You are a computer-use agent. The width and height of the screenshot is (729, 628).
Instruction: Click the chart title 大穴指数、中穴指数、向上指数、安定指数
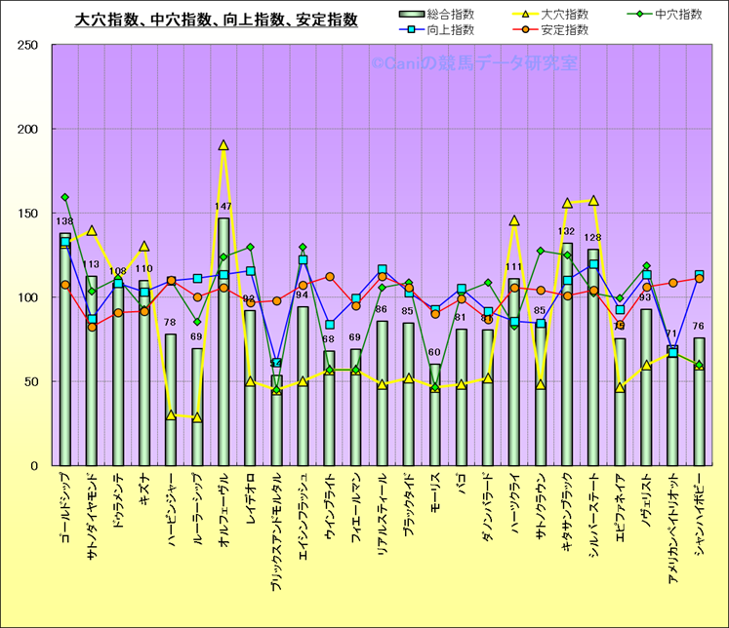pyautogui.click(x=216, y=20)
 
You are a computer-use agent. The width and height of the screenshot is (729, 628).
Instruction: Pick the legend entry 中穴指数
pyautogui.click(x=674, y=14)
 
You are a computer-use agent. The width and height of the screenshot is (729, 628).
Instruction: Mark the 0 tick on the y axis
pyautogui.click(x=33, y=465)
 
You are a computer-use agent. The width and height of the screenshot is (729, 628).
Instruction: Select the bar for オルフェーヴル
pyautogui.click(x=223, y=341)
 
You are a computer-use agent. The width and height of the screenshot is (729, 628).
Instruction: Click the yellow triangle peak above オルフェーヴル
pyautogui.click(x=223, y=145)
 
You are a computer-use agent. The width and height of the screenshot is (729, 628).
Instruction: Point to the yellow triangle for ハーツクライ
pyautogui.click(x=514, y=220)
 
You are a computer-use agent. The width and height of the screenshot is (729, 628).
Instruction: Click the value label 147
pyautogui.click(x=223, y=207)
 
